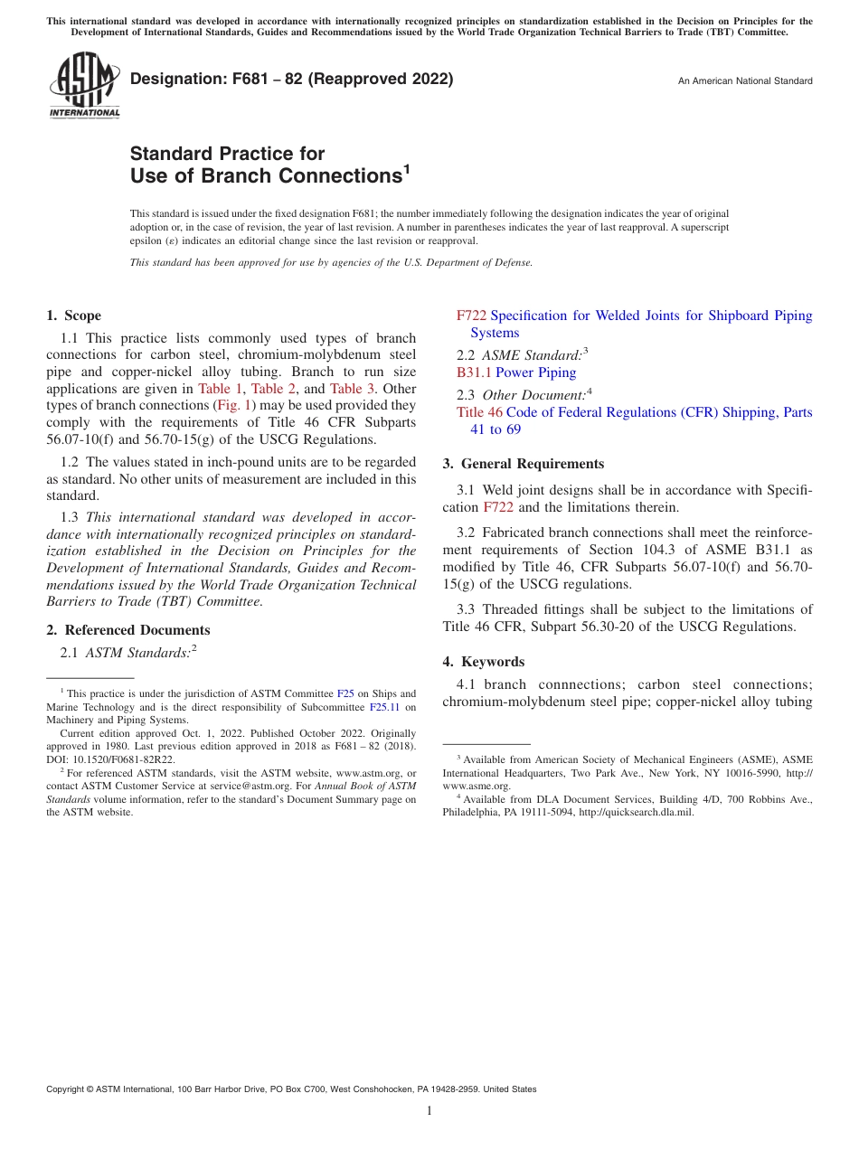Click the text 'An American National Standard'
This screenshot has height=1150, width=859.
tap(745, 81)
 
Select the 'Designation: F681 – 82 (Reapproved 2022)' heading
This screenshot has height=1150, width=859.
tap(291, 79)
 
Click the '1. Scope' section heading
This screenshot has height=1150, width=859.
tap(73, 316)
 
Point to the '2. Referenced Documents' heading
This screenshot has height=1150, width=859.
tap(127, 630)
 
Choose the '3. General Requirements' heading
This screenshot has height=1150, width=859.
tap(523, 464)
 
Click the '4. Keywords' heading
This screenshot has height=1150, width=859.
tap(483, 662)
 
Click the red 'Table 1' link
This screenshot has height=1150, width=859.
tap(220, 389)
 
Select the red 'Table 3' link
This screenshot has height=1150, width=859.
tap(353, 389)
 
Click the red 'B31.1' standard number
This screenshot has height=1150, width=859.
tap(474, 372)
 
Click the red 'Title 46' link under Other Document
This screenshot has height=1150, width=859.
tap(479, 412)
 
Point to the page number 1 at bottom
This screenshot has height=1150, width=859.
tap(429, 1111)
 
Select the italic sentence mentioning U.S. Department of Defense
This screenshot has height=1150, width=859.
tap(331, 262)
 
